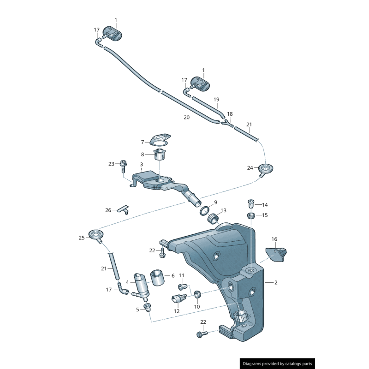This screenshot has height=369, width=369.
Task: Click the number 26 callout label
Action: click(x=108, y=210)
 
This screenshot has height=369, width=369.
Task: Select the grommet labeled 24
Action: click(x=266, y=169)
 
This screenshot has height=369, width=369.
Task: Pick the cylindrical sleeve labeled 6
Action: click(x=158, y=278)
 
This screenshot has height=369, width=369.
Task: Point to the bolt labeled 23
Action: click(x=123, y=165)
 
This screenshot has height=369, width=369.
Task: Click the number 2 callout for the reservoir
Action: click(x=276, y=282)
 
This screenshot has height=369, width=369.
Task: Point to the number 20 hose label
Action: click(x=186, y=117)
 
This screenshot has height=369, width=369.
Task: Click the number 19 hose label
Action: click(x=216, y=99)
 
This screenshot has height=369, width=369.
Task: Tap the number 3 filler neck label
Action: click(x=141, y=164)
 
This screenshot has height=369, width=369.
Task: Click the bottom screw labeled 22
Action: click(x=202, y=333)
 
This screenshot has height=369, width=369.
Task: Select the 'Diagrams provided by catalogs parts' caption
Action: click(x=278, y=364)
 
